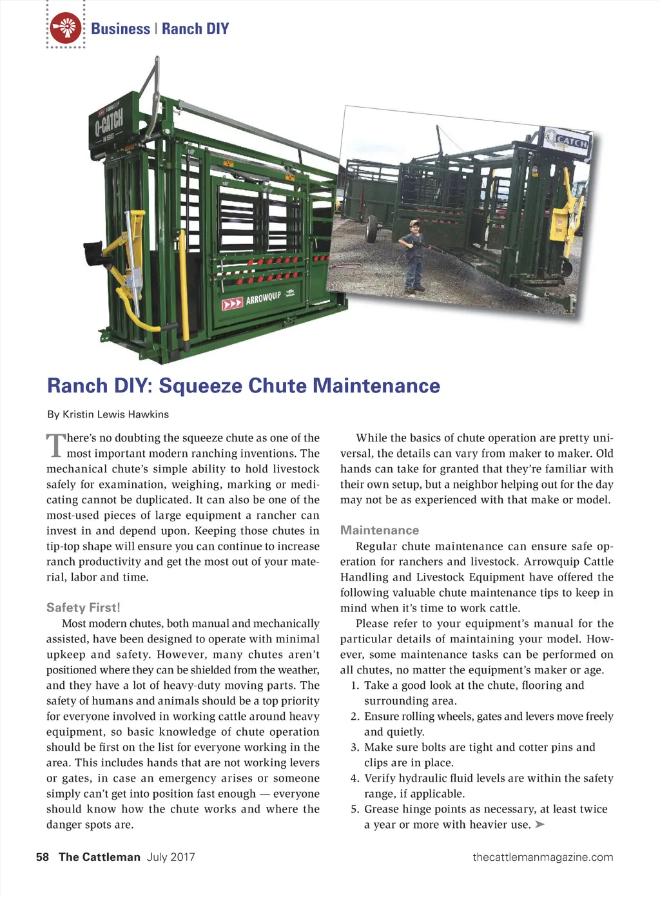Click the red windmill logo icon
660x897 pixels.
tap(66, 28)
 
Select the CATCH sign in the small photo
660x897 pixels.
tap(568, 140)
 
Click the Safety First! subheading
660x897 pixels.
tap(83, 608)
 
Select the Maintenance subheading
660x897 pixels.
tap(380, 530)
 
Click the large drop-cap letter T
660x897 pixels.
tap(56, 445)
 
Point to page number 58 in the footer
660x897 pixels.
tap(43, 857)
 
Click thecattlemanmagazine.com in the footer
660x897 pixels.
tap(543, 857)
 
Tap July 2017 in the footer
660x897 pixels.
tap(171, 857)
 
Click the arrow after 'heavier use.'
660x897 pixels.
tap(540, 824)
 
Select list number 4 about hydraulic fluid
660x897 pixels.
tap(354, 778)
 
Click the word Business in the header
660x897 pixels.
tap(121, 29)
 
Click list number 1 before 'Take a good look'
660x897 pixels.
tap(354, 686)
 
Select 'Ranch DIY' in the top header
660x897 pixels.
tap(195, 29)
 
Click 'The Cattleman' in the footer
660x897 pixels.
tap(99, 857)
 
